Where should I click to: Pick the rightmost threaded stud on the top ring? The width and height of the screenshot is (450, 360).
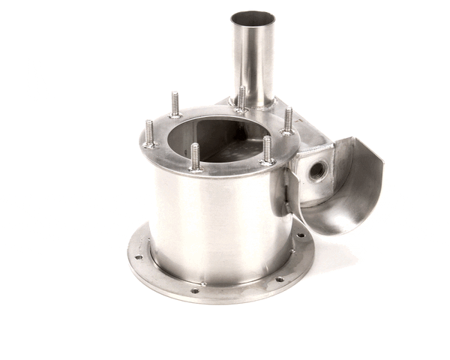[x=288, y=120]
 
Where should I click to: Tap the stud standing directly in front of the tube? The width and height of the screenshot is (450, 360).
[x=241, y=99]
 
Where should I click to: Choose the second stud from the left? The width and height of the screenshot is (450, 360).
[x=175, y=105]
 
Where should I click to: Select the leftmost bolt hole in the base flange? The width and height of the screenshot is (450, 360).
[x=138, y=257]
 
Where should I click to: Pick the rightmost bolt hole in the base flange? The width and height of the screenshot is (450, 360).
[x=301, y=235]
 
